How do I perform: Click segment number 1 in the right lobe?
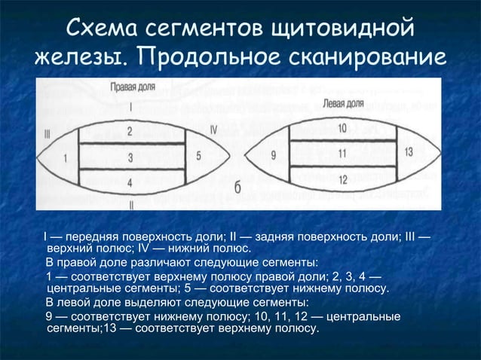[x=65, y=158]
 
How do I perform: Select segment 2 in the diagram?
[x=130, y=132]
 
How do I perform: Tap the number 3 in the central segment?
[x=130, y=157]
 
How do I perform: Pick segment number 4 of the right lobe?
[x=130, y=182]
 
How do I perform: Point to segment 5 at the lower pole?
[x=198, y=156]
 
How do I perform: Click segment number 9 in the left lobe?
[x=274, y=156]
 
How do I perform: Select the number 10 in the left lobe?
[x=342, y=128]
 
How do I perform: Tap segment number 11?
[x=342, y=154]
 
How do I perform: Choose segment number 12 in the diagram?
[x=342, y=179]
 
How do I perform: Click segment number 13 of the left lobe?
[x=409, y=151]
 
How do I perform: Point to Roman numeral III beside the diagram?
[x=47, y=135]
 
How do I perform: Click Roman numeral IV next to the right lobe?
[x=213, y=130]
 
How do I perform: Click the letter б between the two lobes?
[x=237, y=188]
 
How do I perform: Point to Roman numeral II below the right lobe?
[x=131, y=204]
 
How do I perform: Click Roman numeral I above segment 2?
[x=130, y=106]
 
